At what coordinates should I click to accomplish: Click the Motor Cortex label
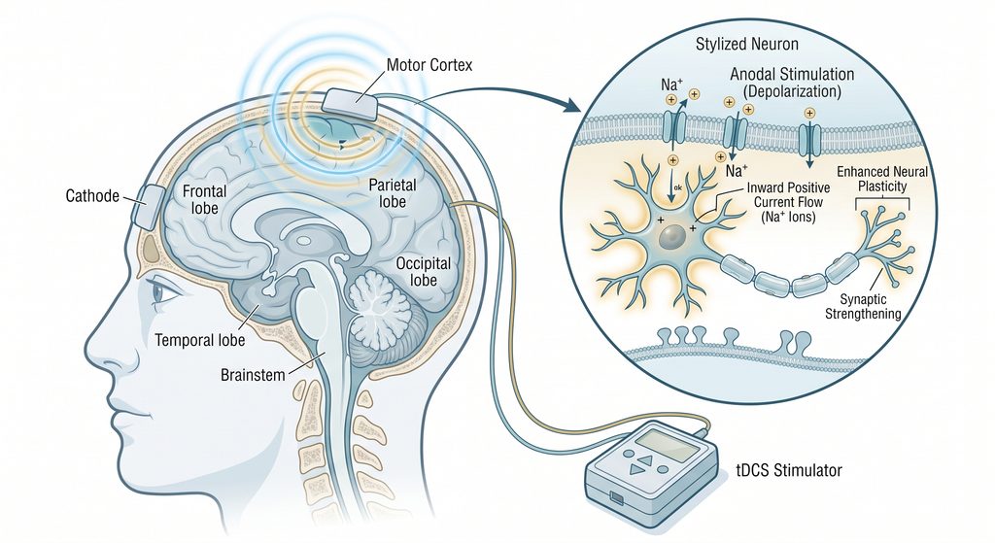pyautogui.click(x=429, y=65)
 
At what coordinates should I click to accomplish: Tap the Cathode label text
pyautogui.click(x=92, y=196)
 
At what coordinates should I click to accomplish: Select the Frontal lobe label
pyautogui.click(x=204, y=199)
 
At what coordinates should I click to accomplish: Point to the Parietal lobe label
pyautogui.click(x=393, y=193)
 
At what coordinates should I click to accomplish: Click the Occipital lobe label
pyautogui.click(x=424, y=272)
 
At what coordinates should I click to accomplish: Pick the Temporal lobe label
pyautogui.click(x=200, y=340)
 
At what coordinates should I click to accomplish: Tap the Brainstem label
pyautogui.click(x=253, y=375)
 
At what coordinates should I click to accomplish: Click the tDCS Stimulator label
pyautogui.click(x=789, y=471)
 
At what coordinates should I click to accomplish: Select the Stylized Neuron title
pyautogui.click(x=747, y=45)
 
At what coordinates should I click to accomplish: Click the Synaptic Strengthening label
pyautogui.click(x=863, y=306)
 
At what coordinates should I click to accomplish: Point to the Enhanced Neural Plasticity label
pyautogui.click(x=882, y=179)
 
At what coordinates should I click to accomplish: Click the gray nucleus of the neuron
pyautogui.click(x=671, y=237)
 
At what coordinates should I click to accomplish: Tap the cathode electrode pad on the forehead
pyautogui.click(x=148, y=207)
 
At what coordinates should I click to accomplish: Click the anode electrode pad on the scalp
pyautogui.click(x=352, y=104)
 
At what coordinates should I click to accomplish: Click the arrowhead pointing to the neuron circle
pyautogui.click(x=572, y=105)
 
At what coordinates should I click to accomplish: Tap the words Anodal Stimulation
pyautogui.click(x=792, y=74)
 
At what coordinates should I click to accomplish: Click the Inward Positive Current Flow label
pyautogui.click(x=788, y=202)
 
